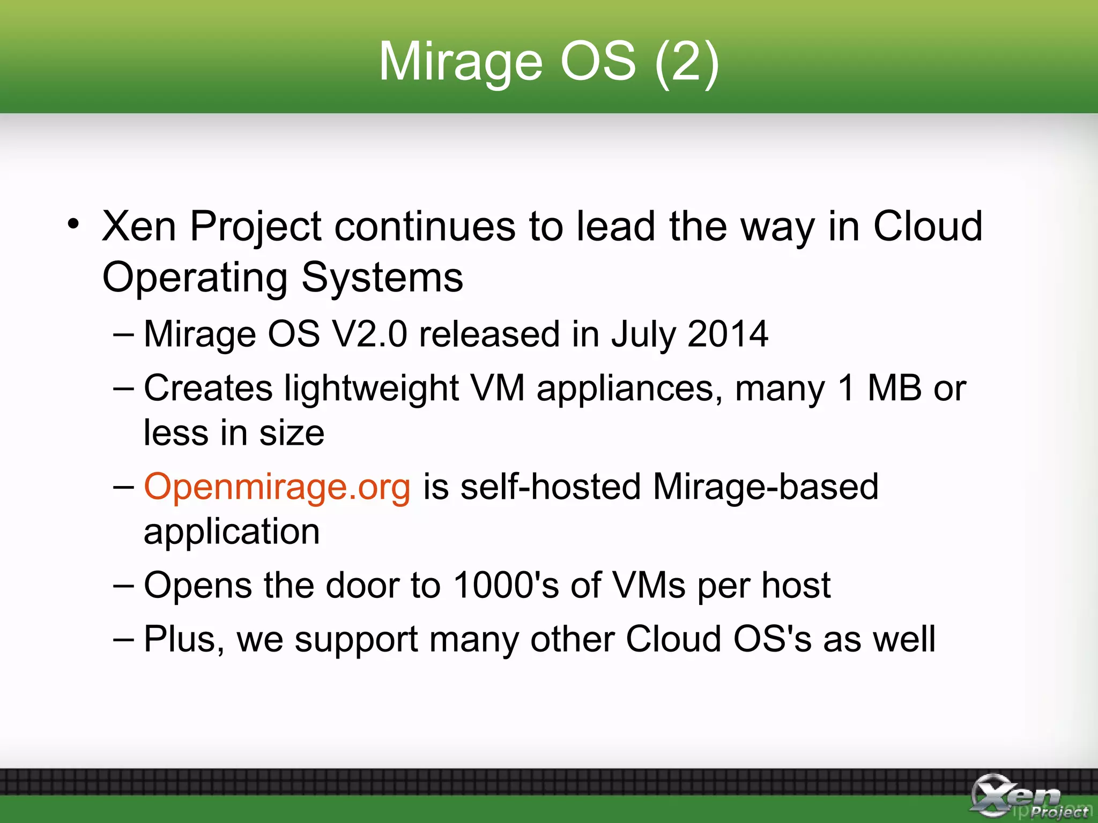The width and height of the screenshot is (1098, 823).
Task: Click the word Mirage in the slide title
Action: tap(460, 63)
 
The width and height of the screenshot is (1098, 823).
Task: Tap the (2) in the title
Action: tap(687, 63)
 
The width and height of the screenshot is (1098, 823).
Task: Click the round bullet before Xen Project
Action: tap(74, 225)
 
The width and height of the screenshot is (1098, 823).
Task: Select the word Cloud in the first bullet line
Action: tap(928, 227)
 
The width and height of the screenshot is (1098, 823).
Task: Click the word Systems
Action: tap(382, 278)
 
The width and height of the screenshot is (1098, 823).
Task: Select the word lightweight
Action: tap(372, 389)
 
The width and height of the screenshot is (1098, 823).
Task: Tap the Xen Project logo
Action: tap(1027, 796)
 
